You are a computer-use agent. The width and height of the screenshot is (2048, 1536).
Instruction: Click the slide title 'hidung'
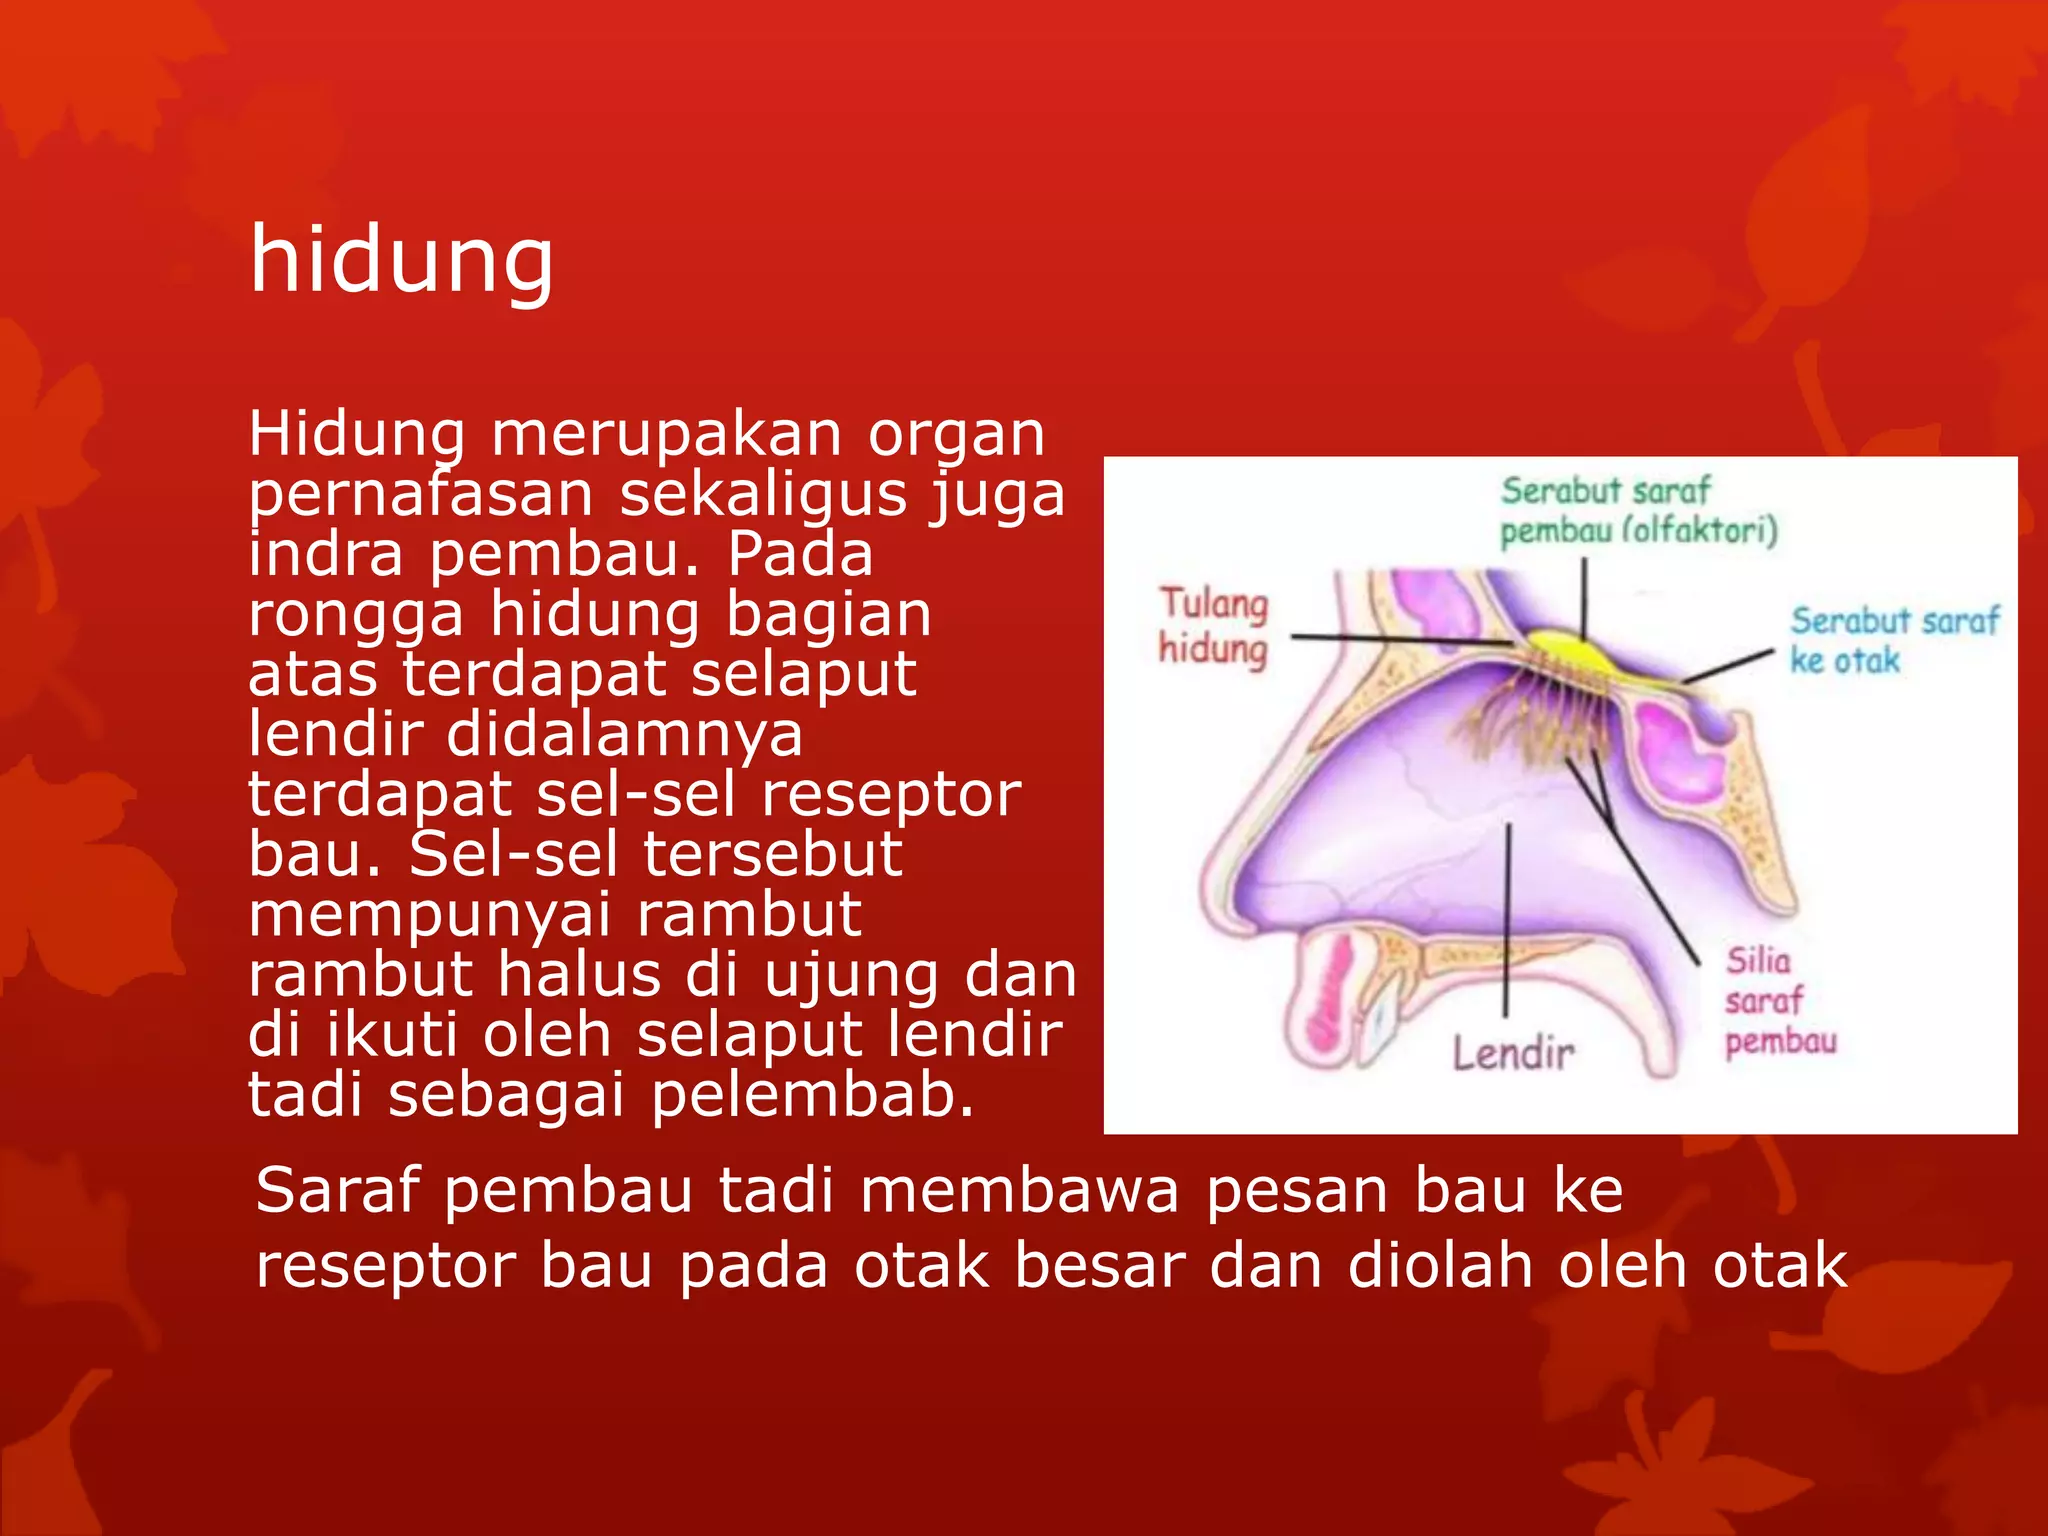pos(401,260)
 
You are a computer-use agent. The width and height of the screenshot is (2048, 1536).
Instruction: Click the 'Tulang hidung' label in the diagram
pos(1213,626)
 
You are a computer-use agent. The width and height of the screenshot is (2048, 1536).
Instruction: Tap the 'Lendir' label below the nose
pos(1513,1053)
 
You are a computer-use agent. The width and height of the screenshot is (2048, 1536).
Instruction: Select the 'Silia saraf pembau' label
pos(1779,1001)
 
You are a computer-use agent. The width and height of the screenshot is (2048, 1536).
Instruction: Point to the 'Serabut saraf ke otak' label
pos(1892,640)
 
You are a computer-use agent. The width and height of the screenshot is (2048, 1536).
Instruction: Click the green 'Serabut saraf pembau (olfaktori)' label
pos(1637,511)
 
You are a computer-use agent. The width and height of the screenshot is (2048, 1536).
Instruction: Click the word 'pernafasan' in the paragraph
pos(420,494)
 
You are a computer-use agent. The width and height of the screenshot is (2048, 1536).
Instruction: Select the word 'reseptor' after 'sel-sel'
pos(891,794)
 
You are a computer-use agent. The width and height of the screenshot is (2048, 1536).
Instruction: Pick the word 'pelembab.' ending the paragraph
pos(812,1094)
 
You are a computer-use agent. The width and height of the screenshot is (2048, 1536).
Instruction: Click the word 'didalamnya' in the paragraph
pos(624,734)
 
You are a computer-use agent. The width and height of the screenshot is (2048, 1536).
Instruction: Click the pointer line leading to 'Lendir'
pos(1508,920)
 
